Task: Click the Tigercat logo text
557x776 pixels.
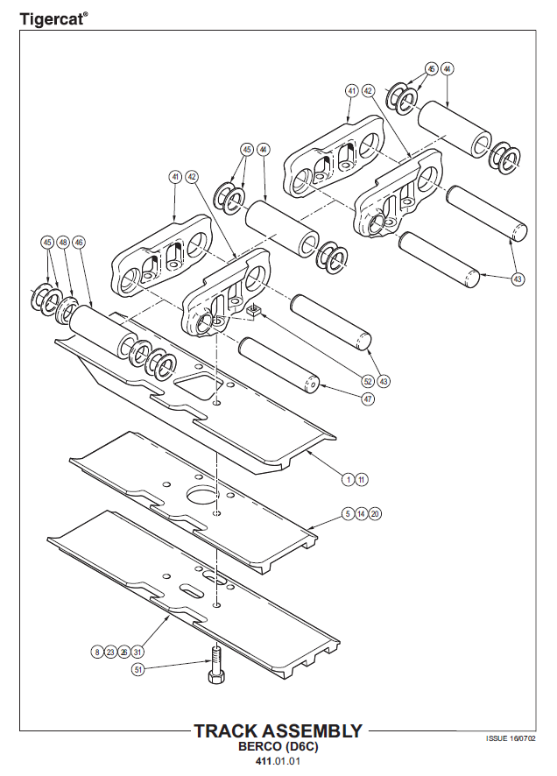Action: pyautogui.click(x=54, y=19)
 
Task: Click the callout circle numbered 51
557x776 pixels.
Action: pyautogui.click(x=138, y=670)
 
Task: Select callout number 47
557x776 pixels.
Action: pyautogui.click(x=368, y=399)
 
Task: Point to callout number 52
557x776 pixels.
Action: pyautogui.click(x=368, y=382)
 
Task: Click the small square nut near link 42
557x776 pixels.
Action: pyautogui.click(x=254, y=311)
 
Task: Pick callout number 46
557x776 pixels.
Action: pyautogui.click(x=79, y=243)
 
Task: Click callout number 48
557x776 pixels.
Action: pyautogui.click(x=63, y=243)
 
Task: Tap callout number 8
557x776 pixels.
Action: pyautogui.click(x=97, y=652)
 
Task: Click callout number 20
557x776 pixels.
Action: pyautogui.click(x=375, y=514)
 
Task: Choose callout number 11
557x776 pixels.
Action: pyautogui.click(x=362, y=480)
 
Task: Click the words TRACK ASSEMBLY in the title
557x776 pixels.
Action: pyautogui.click(x=278, y=731)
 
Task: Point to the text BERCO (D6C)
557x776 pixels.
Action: pyautogui.click(x=278, y=746)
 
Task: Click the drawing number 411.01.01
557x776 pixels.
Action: pyautogui.click(x=278, y=761)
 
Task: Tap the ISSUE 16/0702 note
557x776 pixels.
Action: pyautogui.click(x=511, y=738)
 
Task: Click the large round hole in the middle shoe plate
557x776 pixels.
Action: pyautogui.click(x=202, y=494)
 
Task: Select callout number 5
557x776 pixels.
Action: pyautogui.click(x=348, y=514)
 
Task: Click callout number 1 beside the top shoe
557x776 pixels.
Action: pyautogui.click(x=349, y=480)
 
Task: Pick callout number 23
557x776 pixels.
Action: pyautogui.click(x=110, y=652)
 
